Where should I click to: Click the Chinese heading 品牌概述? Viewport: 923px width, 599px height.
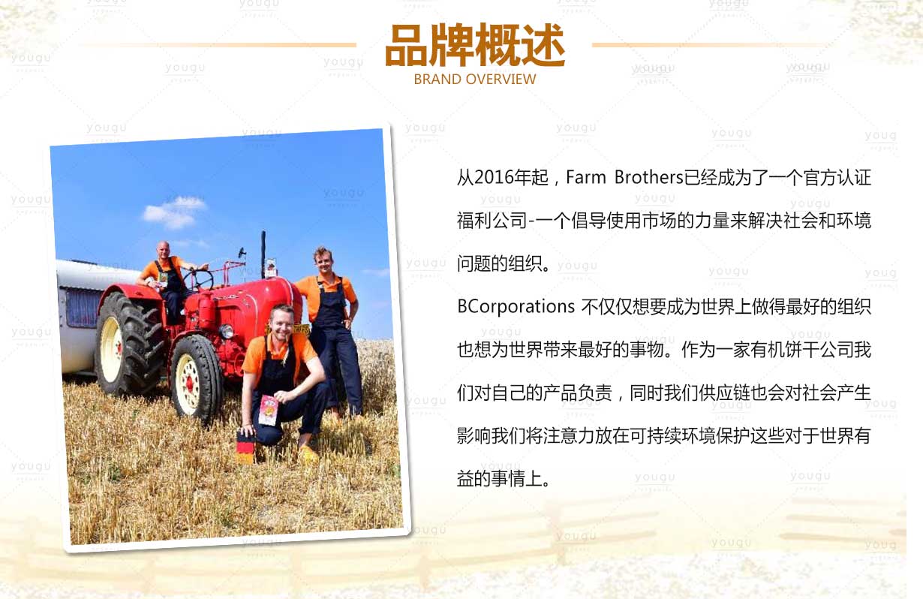click(x=475, y=45)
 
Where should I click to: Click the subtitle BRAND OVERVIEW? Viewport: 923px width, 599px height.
click(x=475, y=79)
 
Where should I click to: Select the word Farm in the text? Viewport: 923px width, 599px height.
click(x=585, y=178)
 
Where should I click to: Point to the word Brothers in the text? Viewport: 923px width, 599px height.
click(x=648, y=178)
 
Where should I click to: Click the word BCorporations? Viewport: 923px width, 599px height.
click(x=516, y=307)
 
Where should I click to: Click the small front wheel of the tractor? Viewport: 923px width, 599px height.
click(x=196, y=378)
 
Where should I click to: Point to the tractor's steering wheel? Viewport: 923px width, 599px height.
click(x=199, y=279)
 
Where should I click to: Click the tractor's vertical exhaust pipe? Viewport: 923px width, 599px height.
click(x=263, y=254)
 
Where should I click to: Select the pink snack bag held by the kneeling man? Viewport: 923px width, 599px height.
click(x=268, y=411)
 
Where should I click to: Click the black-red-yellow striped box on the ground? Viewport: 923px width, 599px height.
click(x=245, y=447)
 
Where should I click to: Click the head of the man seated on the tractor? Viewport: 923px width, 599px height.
click(x=163, y=250)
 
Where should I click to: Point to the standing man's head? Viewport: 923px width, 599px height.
click(x=323, y=260)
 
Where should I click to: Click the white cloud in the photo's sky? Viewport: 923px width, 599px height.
click(x=174, y=212)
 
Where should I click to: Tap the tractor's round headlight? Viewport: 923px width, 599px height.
click(x=226, y=331)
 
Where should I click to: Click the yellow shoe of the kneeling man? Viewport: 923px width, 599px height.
click(x=308, y=454)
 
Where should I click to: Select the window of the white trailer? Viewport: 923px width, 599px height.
click(x=83, y=309)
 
